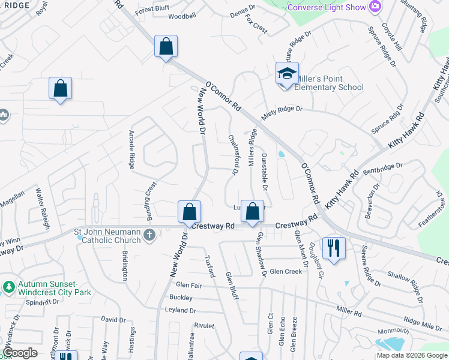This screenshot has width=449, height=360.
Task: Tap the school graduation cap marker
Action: click(287, 74)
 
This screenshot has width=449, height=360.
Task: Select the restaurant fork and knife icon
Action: click(333, 247)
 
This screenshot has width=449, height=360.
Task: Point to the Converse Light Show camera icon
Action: click(376, 6)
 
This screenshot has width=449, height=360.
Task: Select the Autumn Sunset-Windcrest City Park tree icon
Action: click(9, 287)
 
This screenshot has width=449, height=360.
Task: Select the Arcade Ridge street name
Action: click(131, 150)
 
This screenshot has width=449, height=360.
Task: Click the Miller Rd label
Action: click(348, 310)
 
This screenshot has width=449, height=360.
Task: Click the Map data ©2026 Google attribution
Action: click(412, 355)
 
